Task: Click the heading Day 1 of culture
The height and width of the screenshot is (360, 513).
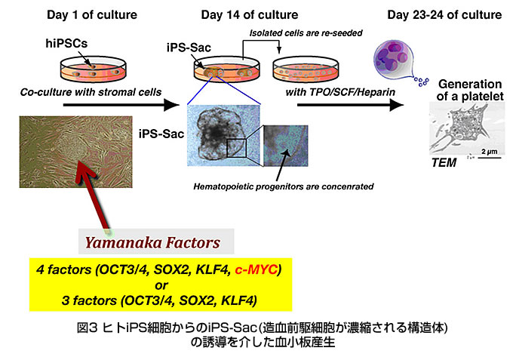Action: coord(92,15)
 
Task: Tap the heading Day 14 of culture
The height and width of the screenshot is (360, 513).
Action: coord(249,15)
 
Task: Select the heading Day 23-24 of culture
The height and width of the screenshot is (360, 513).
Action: coord(444,15)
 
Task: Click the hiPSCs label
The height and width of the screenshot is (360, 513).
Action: coord(66,43)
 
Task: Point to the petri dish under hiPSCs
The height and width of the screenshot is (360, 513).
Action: coord(93,69)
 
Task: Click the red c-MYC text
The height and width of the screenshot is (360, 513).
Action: coord(256,269)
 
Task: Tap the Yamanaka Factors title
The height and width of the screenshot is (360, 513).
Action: coord(152,242)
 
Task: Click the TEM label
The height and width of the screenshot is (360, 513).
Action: coord(444,163)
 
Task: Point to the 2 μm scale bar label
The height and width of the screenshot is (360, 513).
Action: coord(489,152)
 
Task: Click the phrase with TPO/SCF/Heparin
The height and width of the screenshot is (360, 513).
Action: coord(340,92)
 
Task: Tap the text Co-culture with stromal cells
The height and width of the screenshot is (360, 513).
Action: coord(91,92)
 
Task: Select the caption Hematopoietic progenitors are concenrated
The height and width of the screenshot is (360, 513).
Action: coord(284,186)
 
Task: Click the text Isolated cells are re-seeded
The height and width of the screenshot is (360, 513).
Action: coord(306,33)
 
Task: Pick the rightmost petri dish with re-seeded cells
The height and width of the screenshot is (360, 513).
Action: coord(306,70)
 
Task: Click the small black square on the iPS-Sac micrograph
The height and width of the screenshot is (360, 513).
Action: coord(236,148)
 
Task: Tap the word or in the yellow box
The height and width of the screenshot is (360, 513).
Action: coord(161,285)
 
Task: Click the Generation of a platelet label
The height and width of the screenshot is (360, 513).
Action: coord(470,90)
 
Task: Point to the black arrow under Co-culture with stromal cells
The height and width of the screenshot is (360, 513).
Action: coord(121,105)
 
